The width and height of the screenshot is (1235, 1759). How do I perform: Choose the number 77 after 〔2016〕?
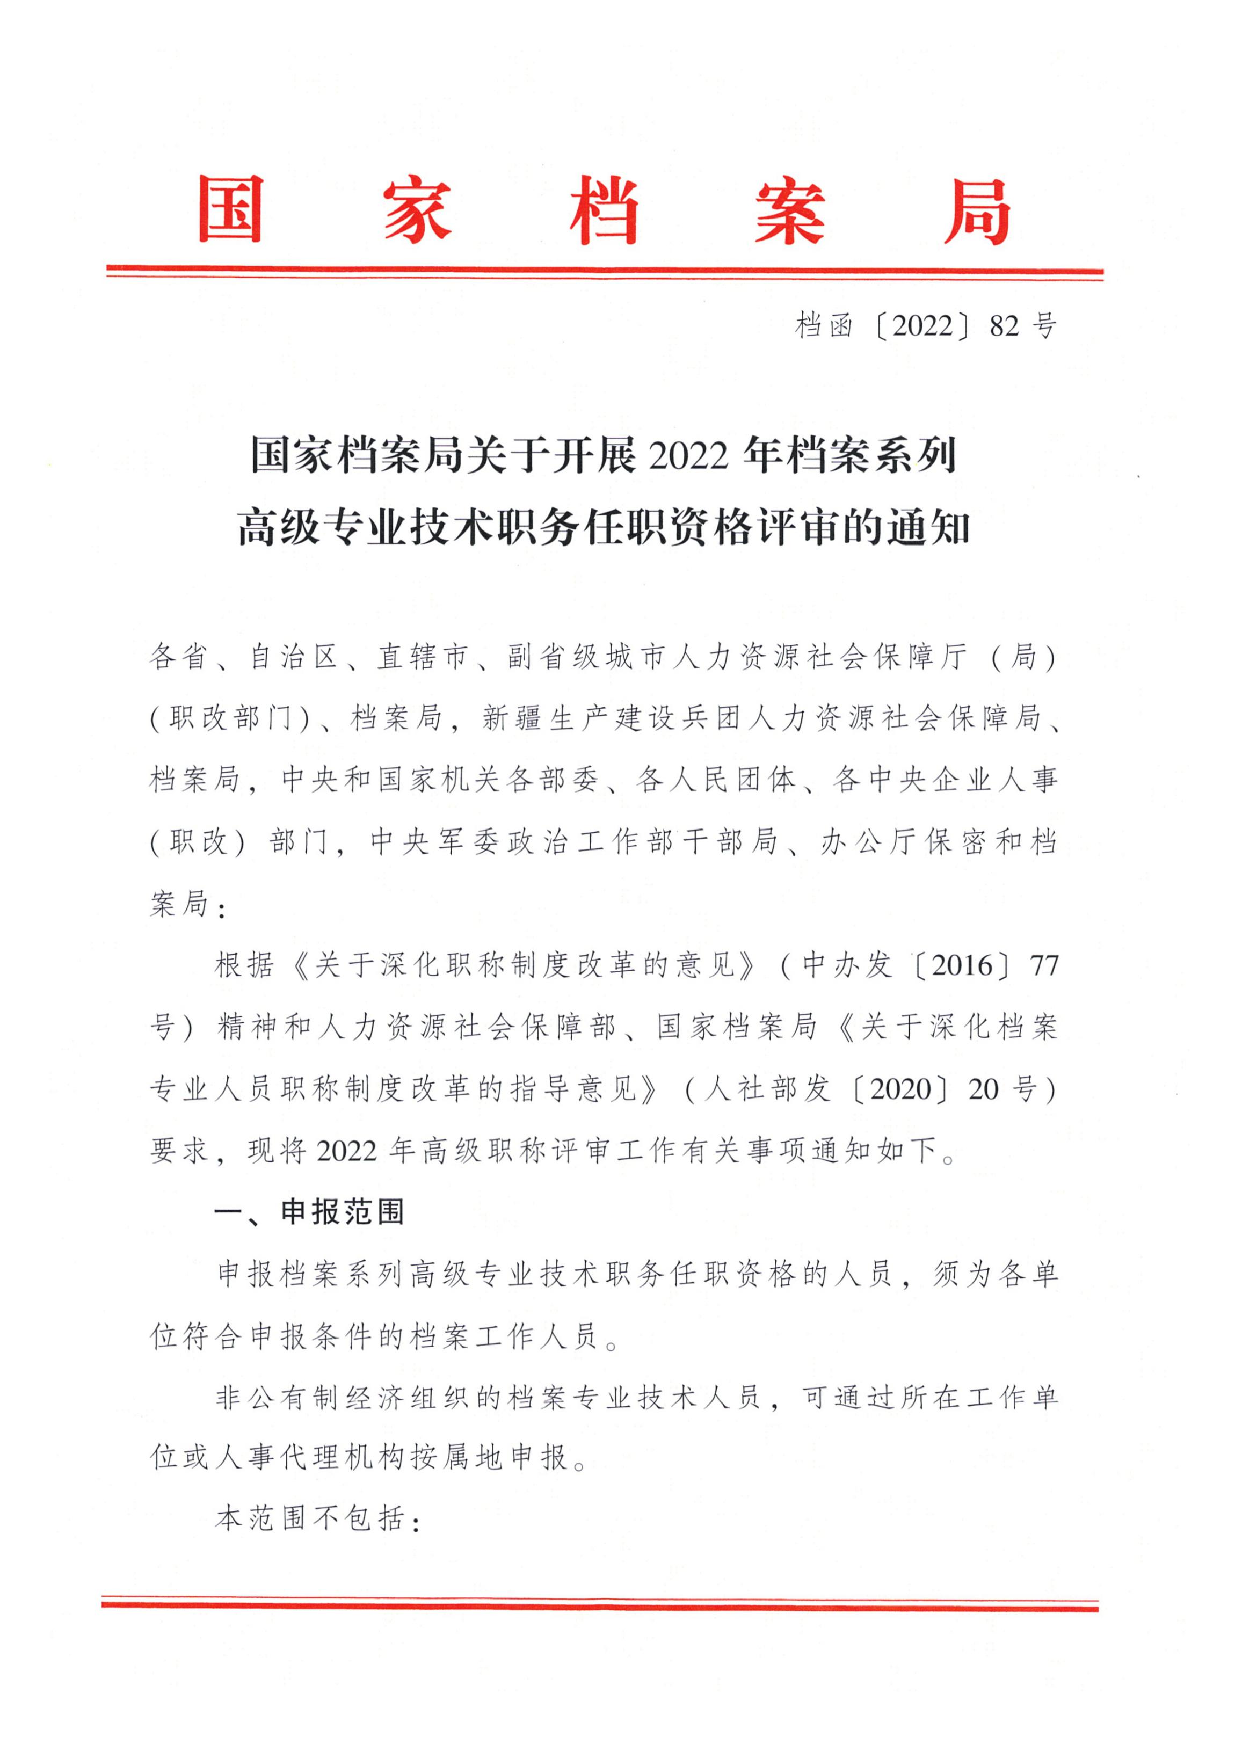coord(1043,965)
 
